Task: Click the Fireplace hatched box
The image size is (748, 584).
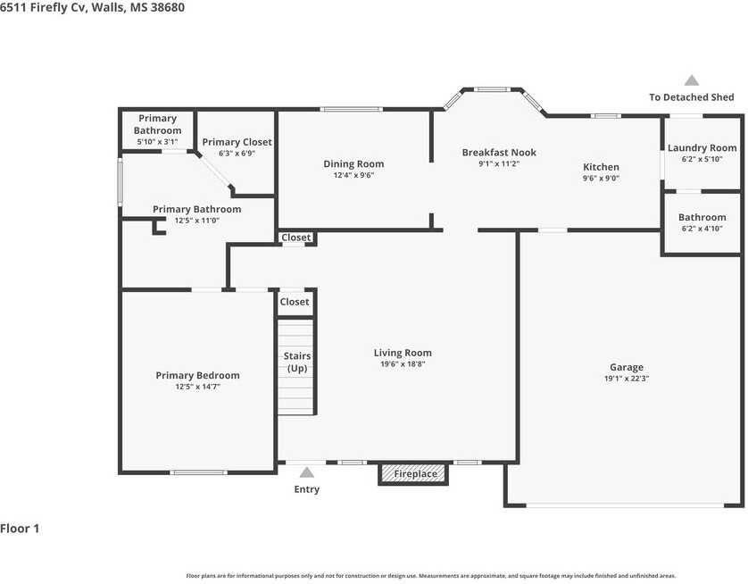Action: pos(413,473)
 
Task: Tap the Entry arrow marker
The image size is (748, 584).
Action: pos(307,472)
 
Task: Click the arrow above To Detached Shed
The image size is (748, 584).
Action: pos(692,80)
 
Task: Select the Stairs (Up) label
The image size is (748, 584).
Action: pos(297,363)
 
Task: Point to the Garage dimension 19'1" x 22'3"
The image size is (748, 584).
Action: pos(627,379)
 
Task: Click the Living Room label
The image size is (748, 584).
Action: pos(403,353)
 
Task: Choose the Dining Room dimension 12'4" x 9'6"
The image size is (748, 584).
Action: pos(353,175)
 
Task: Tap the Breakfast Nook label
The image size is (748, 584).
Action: pos(499,152)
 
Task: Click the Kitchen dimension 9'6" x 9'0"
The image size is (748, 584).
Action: pos(601,179)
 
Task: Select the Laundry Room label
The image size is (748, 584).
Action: pos(702,148)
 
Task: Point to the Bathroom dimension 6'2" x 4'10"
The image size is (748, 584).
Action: pos(702,229)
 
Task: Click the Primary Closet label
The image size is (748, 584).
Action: pos(237,142)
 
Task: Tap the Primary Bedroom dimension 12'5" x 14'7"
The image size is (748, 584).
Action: pos(197,387)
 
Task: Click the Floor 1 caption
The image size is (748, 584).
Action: pos(20,529)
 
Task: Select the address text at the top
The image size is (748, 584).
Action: pos(92,7)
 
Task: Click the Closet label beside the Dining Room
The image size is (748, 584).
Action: pos(295,238)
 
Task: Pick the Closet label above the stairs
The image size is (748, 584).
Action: pos(295,302)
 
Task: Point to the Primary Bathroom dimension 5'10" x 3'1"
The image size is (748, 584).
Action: pos(157,142)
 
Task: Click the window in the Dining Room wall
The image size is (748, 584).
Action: pos(351,109)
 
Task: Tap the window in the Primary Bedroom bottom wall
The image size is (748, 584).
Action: pos(198,472)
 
